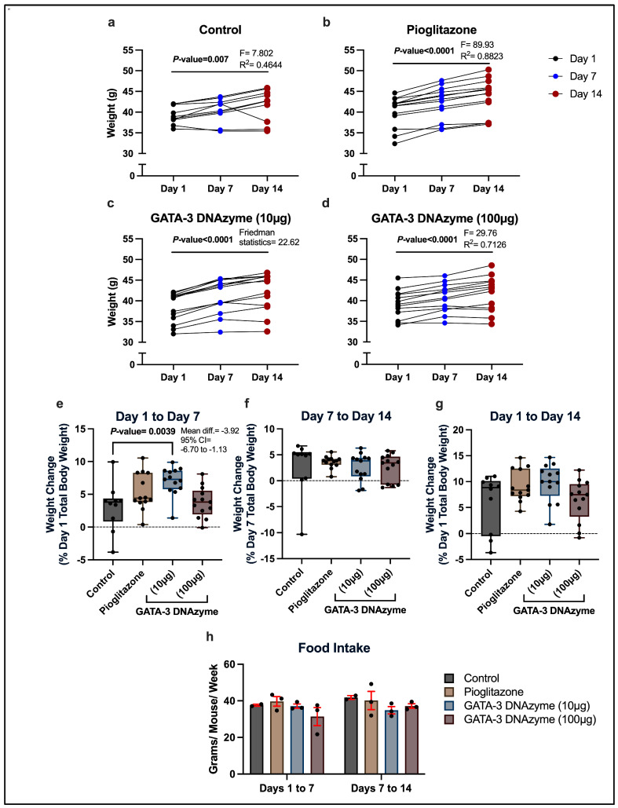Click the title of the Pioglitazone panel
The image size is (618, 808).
coord(441,29)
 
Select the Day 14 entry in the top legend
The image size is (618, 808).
coord(586,94)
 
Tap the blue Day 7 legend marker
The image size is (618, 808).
coord(554,77)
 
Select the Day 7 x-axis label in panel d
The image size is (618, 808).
coord(444,378)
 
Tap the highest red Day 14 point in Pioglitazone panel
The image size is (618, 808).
coord(488,70)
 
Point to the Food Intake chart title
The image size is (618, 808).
coord(334,647)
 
